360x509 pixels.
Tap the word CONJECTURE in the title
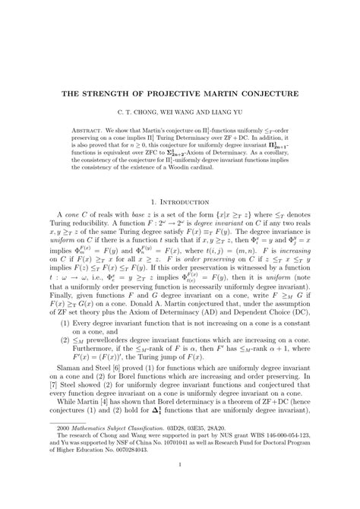click(268, 94)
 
